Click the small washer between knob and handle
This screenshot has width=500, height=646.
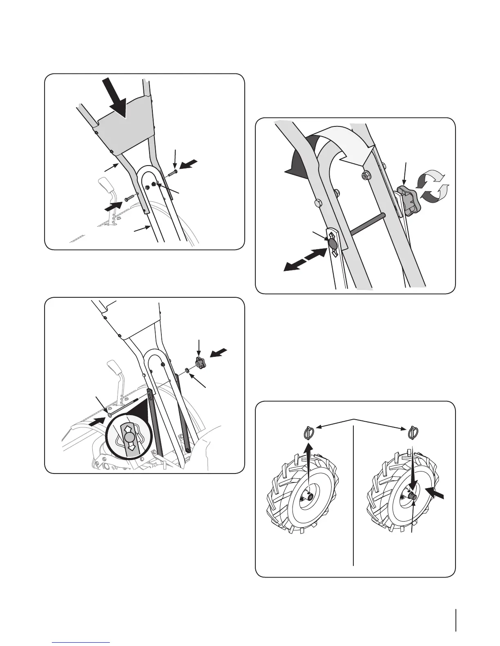click(186, 370)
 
